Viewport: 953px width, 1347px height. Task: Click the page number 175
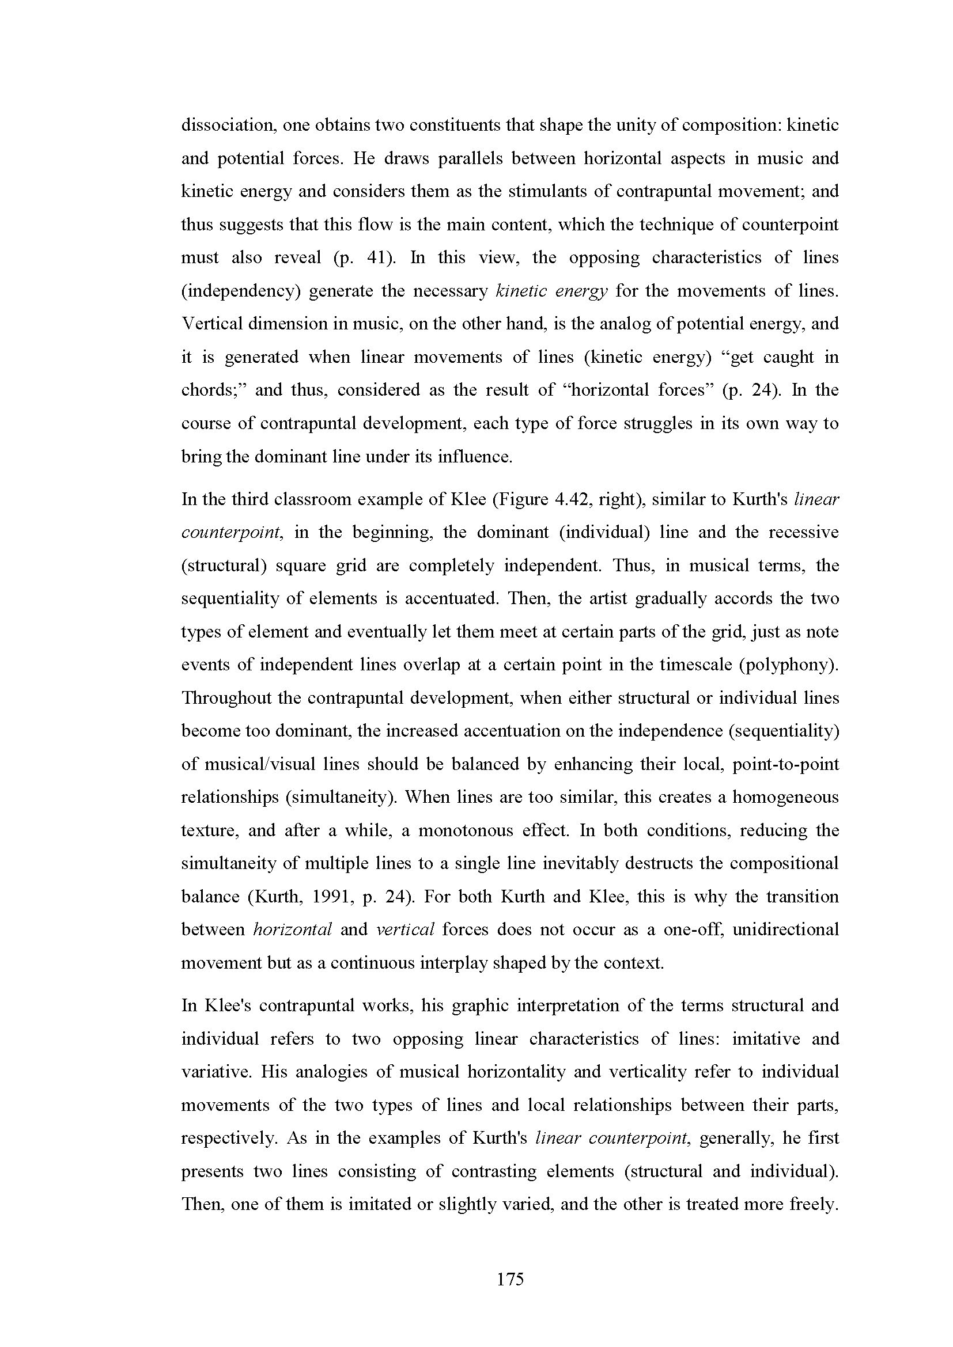(x=510, y=1279)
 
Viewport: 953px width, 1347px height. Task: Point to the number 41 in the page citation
(x=376, y=257)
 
